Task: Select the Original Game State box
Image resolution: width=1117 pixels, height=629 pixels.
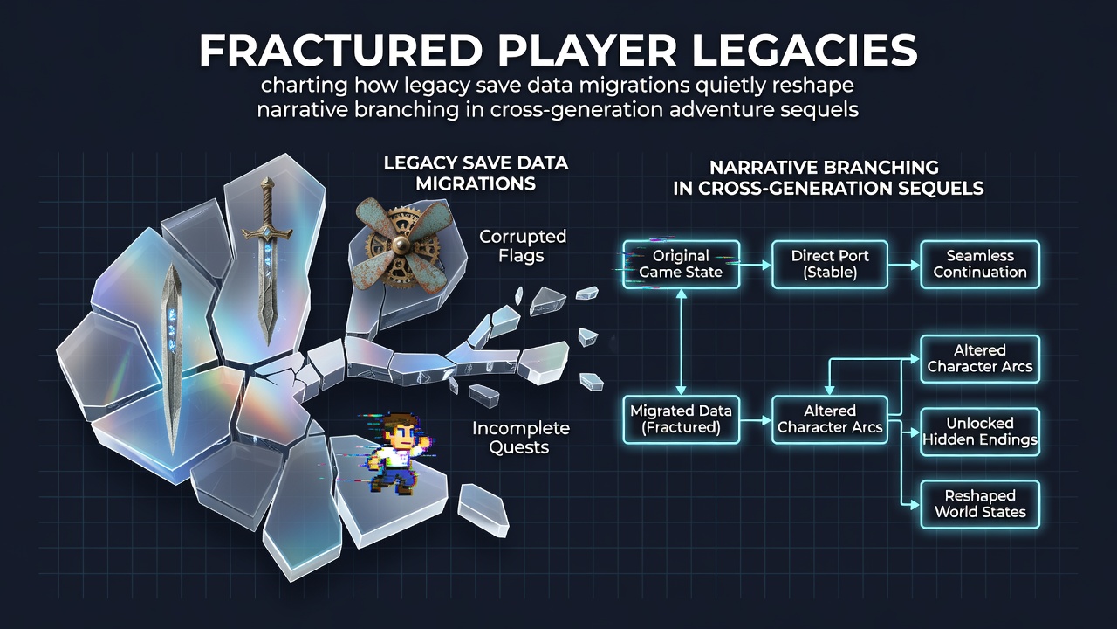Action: (681, 265)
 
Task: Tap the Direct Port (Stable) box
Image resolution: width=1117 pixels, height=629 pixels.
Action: (830, 265)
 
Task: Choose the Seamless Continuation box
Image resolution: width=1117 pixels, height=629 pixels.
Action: (980, 265)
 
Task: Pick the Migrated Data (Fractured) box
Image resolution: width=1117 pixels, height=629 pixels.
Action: (681, 419)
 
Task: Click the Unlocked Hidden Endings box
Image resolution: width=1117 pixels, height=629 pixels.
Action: (980, 432)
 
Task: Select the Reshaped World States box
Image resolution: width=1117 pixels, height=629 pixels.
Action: (980, 504)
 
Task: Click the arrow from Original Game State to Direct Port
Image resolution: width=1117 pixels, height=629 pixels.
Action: (756, 265)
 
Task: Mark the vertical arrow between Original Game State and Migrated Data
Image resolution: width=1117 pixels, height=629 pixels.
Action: (682, 342)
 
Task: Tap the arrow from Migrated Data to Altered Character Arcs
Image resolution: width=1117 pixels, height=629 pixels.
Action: (756, 420)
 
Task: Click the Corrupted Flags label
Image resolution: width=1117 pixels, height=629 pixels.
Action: (523, 246)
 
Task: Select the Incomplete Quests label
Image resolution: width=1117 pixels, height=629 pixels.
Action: (521, 438)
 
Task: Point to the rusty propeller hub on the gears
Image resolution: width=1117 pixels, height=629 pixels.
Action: (400, 244)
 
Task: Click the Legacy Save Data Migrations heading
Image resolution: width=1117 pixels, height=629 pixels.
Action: (476, 173)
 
